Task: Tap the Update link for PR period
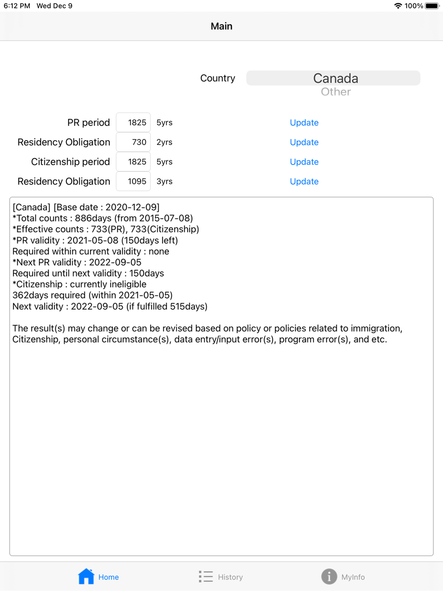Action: (x=304, y=123)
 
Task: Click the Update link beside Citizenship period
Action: (x=304, y=162)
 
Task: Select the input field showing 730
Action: (x=133, y=142)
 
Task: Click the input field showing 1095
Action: (x=133, y=181)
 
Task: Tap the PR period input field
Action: (x=133, y=123)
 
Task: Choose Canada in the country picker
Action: (x=335, y=78)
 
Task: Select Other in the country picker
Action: (x=335, y=92)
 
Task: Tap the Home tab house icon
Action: (x=86, y=576)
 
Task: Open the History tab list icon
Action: (x=206, y=576)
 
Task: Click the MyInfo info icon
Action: (x=329, y=576)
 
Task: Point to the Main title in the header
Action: (x=221, y=26)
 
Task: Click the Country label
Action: (x=218, y=78)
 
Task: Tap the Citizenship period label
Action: (x=70, y=162)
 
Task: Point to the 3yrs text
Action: (x=164, y=181)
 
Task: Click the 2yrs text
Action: (x=164, y=142)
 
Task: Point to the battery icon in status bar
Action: (x=432, y=6)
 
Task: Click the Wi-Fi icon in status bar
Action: (x=398, y=6)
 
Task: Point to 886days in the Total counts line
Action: (x=93, y=218)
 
